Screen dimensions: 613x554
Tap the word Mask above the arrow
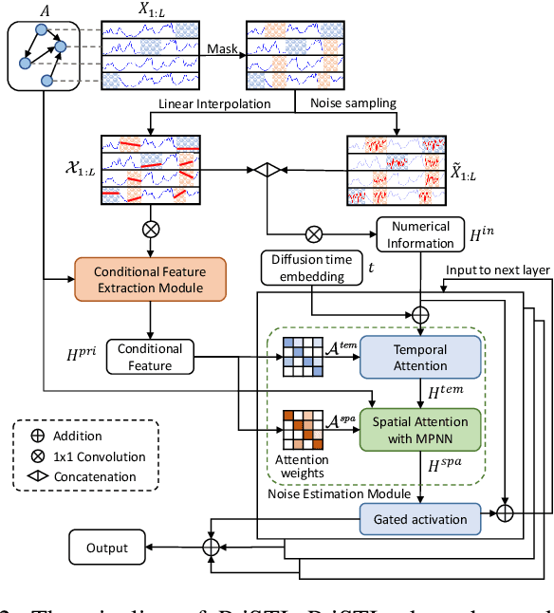[x=223, y=45]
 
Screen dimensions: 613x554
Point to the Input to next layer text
[x=498, y=270]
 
